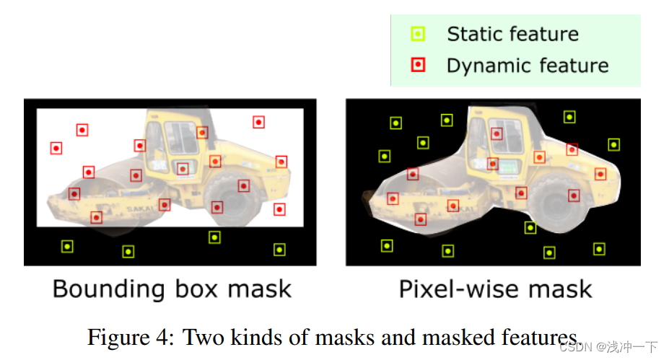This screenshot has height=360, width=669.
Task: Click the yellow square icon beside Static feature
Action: tap(418, 34)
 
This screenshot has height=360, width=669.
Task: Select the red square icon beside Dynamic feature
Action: tap(418, 66)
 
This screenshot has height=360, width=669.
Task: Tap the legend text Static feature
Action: tap(512, 34)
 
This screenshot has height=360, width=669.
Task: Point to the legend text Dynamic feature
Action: tap(528, 66)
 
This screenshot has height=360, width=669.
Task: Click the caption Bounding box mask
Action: tap(172, 289)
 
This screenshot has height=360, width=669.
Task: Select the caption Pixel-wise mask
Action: tap(495, 289)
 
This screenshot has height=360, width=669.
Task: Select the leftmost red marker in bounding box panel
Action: tap(56, 148)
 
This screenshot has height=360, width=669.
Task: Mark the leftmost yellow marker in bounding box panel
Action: tap(67, 246)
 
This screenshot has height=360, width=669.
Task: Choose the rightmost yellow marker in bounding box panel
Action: tap(279, 250)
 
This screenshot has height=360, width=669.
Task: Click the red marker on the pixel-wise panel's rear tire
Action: tap(574, 195)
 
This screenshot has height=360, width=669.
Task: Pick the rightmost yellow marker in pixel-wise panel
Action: tap(613, 144)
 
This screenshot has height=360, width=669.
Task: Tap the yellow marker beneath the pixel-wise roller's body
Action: tap(530, 228)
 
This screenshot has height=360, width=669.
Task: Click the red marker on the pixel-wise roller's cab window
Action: tap(497, 133)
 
